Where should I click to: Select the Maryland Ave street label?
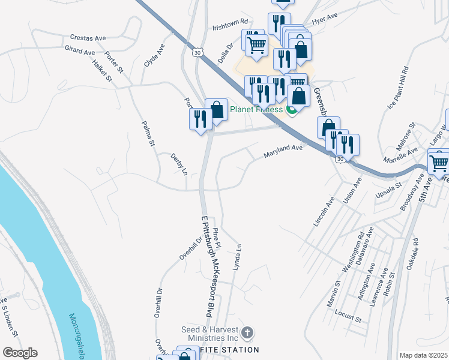click(x=283, y=151)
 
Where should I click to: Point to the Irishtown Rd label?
click(x=230, y=24)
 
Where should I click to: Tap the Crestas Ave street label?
click(x=88, y=38)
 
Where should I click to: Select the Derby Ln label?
click(x=179, y=164)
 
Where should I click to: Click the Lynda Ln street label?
click(x=237, y=255)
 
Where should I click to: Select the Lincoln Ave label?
click(x=323, y=211)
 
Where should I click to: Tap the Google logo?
click(x=20, y=353)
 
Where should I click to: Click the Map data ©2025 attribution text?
click(x=423, y=355)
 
